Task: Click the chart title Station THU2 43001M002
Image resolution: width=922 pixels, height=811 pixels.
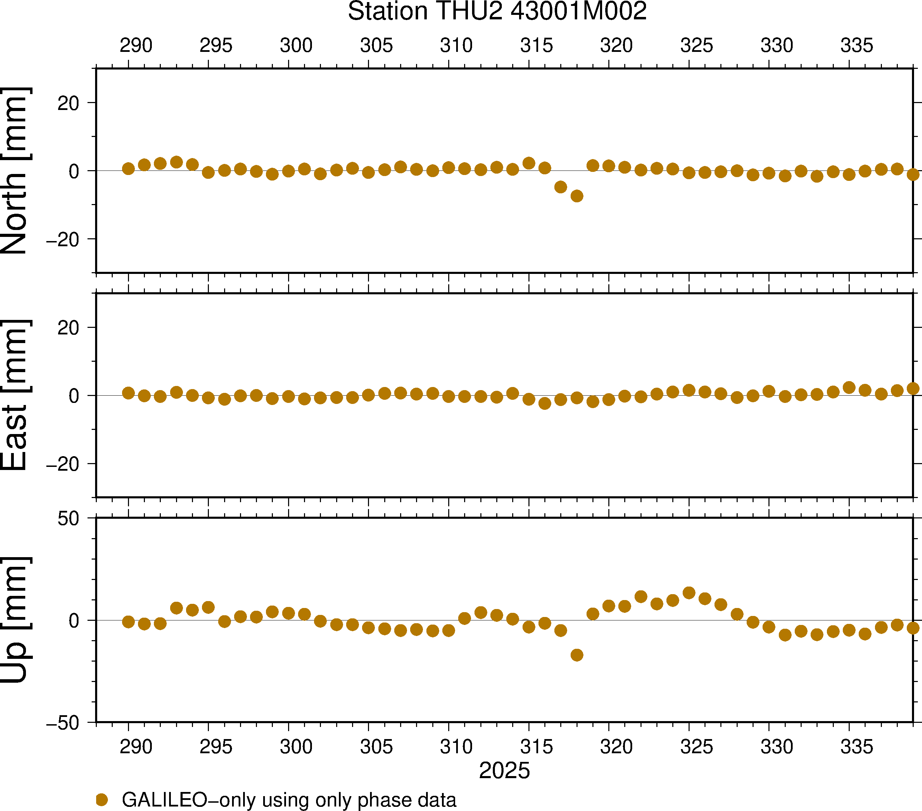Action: point(497,11)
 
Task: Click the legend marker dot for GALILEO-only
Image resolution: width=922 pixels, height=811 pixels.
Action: point(102,800)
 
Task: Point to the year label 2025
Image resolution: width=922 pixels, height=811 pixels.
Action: point(504,771)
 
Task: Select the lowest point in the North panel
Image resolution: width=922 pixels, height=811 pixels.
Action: point(577,196)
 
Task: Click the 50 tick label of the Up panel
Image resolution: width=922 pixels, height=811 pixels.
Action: point(68,519)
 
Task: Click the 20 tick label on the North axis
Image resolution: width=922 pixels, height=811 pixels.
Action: point(68,103)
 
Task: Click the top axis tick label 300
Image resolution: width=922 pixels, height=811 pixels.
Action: point(296,46)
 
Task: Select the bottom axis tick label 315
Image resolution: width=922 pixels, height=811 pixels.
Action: point(536,747)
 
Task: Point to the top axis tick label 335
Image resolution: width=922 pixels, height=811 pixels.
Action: point(857,46)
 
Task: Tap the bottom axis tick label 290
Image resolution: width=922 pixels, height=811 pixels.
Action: point(136,747)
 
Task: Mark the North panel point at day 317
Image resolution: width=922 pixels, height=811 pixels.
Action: point(560,187)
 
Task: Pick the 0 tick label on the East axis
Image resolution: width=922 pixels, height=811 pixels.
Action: point(74,396)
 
